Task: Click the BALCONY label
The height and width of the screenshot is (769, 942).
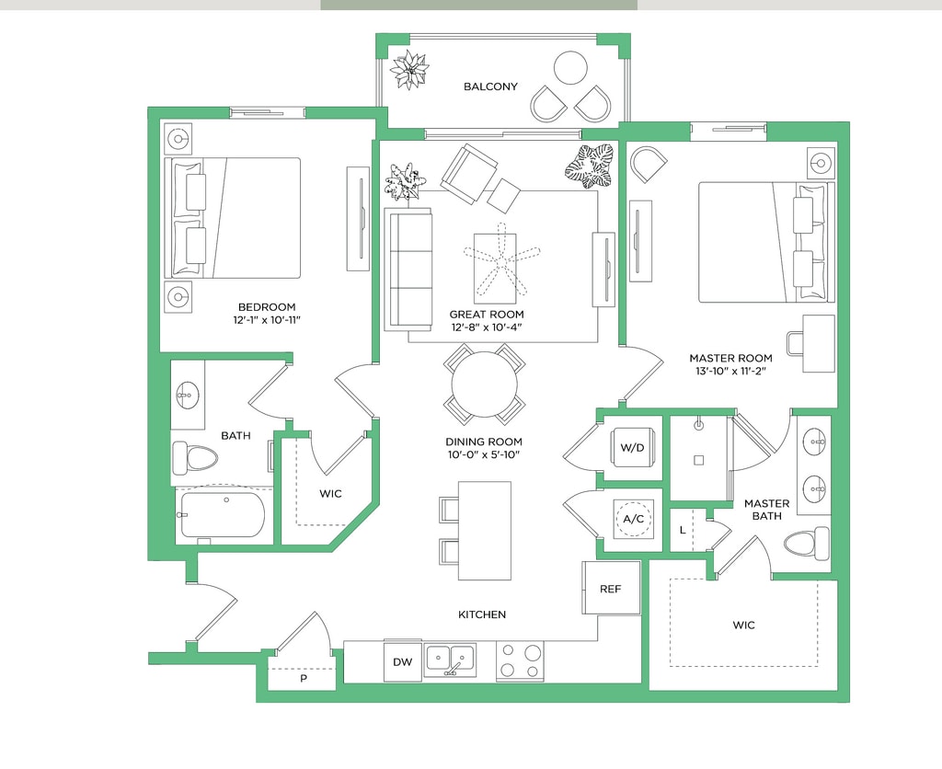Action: coord(490,86)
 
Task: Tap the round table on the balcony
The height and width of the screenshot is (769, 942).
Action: coord(570,68)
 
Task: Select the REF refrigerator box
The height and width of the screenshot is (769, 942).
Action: coord(611,588)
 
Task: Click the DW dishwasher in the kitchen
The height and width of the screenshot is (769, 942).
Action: coord(403,661)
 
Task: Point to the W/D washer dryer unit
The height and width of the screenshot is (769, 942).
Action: coord(632,448)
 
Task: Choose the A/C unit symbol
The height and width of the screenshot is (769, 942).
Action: coord(633,519)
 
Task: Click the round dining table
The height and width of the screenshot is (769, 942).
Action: coord(484,384)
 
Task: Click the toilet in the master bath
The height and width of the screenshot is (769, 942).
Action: coord(807,544)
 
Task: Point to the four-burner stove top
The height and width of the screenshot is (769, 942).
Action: coord(520,660)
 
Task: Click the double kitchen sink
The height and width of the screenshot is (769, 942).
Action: coord(449,659)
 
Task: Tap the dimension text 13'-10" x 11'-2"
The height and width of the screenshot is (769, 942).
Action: coord(731,372)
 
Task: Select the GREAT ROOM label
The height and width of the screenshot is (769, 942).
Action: coord(487,315)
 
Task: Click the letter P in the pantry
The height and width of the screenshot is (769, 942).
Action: coord(304,679)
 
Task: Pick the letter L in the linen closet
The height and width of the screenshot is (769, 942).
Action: coord(683,530)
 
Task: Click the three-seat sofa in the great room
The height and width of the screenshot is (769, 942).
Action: coord(408,270)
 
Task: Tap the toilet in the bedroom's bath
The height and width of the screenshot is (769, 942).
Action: coord(195,459)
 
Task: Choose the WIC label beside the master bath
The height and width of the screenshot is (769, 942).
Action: coord(743,626)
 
